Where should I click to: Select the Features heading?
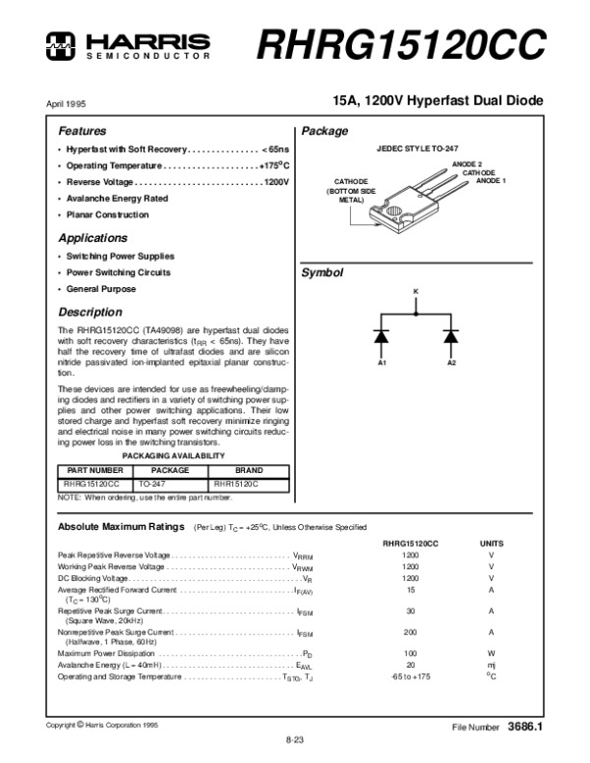click(83, 131)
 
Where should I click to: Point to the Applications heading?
click(92, 238)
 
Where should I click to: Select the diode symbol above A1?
click(382, 336)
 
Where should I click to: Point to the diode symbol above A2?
click(451, 336)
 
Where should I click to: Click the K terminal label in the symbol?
click(416, 292)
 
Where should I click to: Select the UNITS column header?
click(491, 543)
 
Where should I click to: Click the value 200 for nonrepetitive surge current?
click(410, 632)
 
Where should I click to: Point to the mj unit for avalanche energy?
click(491, 665)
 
